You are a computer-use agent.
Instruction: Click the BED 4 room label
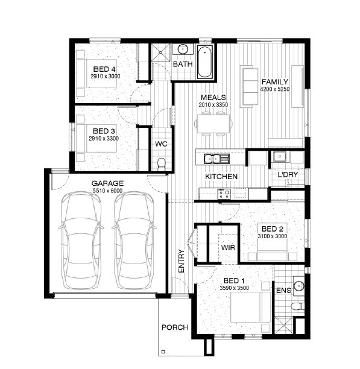coord(104,69)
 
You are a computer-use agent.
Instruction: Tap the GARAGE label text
coord(107,183)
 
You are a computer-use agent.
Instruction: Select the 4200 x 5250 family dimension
coord(275,89)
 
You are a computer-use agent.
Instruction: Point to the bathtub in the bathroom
coord(204,61)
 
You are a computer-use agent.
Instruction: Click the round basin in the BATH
coord(183,49)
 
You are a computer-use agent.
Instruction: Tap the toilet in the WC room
coord(162,163)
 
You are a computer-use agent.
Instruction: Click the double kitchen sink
coord(216,159)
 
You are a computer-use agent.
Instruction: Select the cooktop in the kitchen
coord(224,194)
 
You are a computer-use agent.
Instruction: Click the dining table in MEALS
coord(213,124)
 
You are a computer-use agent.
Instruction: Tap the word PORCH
coord(175,327)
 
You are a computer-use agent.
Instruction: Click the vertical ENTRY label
coord(182,261)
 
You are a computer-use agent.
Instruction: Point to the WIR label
coord(228,248)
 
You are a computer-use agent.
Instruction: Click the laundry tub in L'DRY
coord(280,157)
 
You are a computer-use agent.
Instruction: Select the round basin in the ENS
coord(299,286)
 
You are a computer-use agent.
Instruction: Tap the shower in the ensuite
coord(284,325)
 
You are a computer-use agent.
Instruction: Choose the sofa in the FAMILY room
coord(250,87)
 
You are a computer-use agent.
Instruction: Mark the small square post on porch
coord(163,352)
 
